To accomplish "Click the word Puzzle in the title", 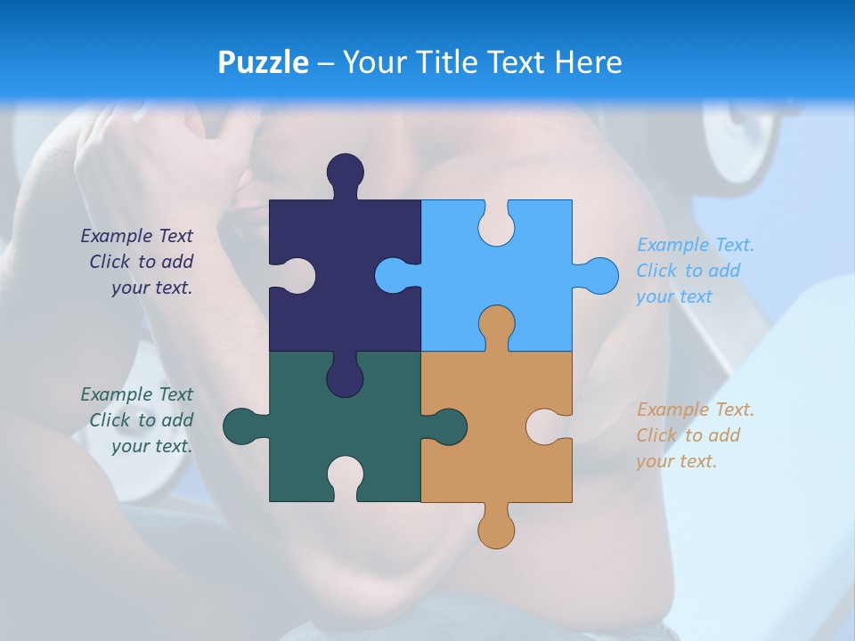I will coord(263,62).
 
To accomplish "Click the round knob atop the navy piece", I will coord(346,172).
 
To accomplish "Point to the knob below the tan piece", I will coord(496,529).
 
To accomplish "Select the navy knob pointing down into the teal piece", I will coord(345,377).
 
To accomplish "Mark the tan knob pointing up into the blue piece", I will coord(496,325).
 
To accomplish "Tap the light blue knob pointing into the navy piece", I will coord(394,275).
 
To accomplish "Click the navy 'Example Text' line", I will coord(137,236).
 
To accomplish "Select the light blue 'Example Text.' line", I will coord(696,245).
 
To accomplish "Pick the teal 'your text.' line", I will coord(152,446).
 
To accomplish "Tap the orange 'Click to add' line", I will coord(688,435).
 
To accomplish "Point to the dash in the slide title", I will coord(326,63).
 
